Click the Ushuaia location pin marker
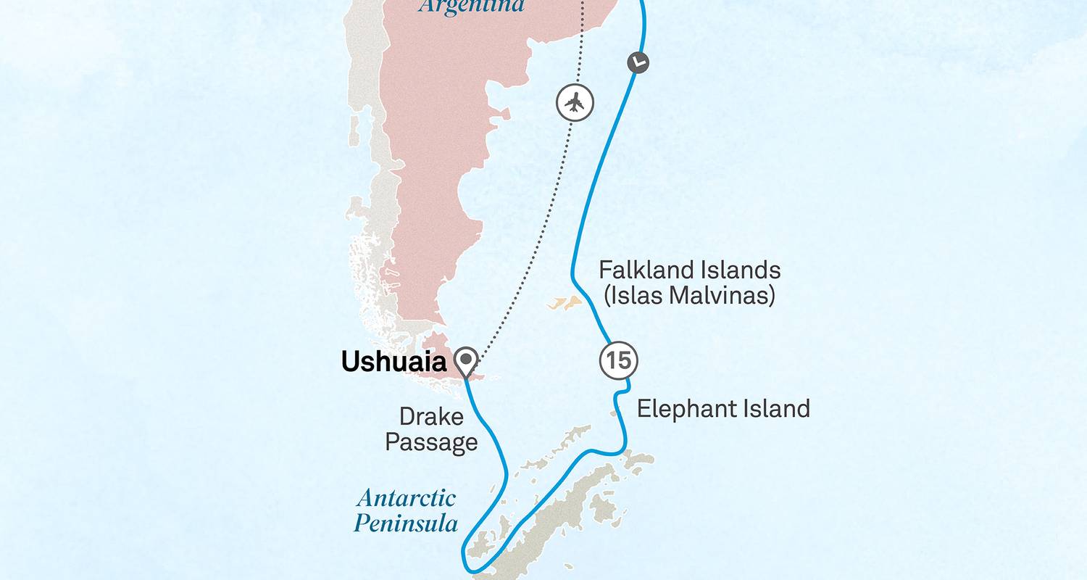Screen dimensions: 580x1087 click(465, 359)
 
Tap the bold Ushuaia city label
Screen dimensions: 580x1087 click(393, 362)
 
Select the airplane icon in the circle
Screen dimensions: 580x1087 click(575, 102)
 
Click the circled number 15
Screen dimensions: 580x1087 click(618, 360)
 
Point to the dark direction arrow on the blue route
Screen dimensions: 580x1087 click(638, 62)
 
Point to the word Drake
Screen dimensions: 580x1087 click(431, 416)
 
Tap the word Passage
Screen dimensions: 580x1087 click(431, 442)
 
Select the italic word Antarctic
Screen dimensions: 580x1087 click(407, 499)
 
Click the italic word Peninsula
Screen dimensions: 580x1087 click(406, 523)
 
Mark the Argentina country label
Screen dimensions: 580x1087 click(472, 7)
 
